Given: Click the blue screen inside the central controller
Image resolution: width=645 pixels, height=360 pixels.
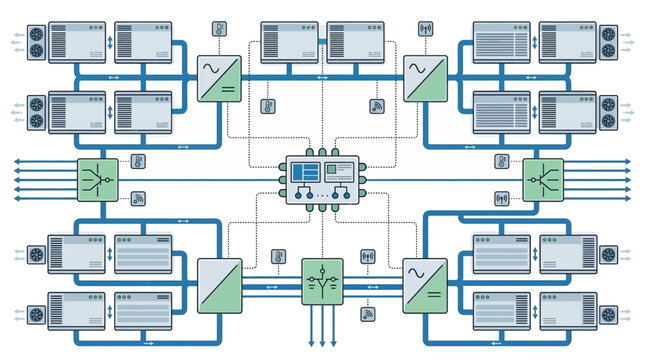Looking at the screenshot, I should click(x=307, y=171).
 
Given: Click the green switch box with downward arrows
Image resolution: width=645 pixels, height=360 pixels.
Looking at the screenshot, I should click(x=322, y=280).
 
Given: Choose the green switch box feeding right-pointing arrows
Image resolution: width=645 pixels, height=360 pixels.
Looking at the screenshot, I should click(x=543, y=180).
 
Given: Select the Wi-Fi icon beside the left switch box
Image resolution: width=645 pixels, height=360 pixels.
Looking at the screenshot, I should click(x=138, y=198).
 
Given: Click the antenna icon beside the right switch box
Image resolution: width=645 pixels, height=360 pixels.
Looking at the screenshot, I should click(x=501, y=198).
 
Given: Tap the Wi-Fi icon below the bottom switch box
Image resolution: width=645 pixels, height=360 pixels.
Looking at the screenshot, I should click(x=368, y=314).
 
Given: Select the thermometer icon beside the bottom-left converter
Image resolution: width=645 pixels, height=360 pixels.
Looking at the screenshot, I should click(x=278, y=257).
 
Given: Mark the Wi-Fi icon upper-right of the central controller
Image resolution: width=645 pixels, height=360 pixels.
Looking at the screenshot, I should click(x=378, y=104).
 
